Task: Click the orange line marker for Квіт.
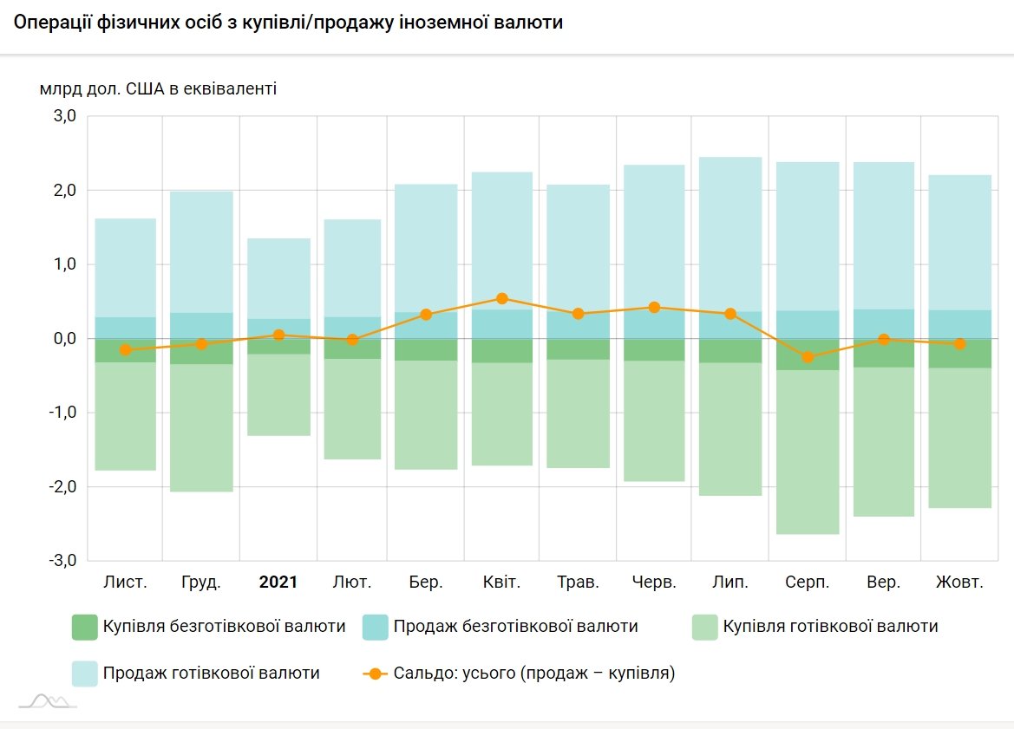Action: (x=502, y=298)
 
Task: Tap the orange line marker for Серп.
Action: (x=808, y=357)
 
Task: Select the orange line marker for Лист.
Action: (x=126, y=350)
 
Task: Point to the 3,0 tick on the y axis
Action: (x=65, y=116)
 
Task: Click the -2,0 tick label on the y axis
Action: (x=62, y=487)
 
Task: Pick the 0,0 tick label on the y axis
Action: (x=65, y=339)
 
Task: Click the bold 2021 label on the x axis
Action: (x=278, y=582)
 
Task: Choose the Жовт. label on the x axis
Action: (x=959, y=582)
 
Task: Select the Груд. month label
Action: (x=201, y=582)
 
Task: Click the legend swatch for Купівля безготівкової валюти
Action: (x=85, y=627)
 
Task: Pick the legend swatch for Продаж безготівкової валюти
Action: (x=376, y=627)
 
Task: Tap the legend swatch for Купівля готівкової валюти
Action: (x=706, y=627)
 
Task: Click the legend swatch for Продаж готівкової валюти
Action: (x=85, y=674)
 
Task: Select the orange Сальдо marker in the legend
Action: (x=375, y=674)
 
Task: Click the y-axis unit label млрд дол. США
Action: (x=158, y=88)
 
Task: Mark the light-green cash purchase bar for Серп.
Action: (x=808, y=451)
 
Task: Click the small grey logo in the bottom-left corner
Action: (x=48, y=700)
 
